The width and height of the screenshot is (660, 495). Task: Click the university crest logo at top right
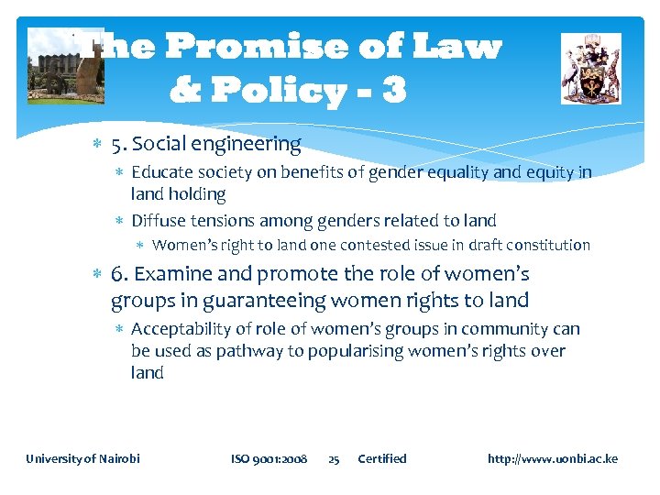(x=590, y=68)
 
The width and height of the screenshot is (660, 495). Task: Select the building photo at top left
(x=65, y=66)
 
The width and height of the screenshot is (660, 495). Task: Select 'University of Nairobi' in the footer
(x=82, y=458)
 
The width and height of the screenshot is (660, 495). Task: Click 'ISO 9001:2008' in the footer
(x=269, y=458)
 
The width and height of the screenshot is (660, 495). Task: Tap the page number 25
(x=334, y=458)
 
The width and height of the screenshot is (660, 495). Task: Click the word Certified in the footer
(x=381, y=458)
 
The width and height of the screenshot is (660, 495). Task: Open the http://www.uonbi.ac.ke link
(x=552, y=458)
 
